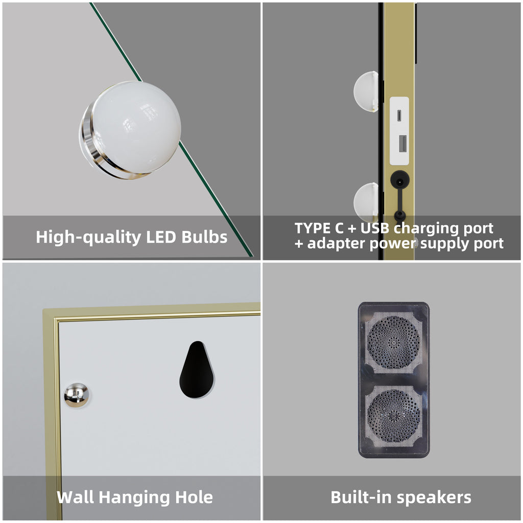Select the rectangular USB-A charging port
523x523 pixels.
402,144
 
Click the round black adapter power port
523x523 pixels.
399,181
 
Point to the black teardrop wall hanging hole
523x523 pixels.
197,370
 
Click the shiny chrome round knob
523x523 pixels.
77,395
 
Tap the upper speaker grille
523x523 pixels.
394,343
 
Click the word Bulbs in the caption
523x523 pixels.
204,237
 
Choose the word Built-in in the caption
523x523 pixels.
361,497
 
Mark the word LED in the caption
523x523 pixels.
161,237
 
